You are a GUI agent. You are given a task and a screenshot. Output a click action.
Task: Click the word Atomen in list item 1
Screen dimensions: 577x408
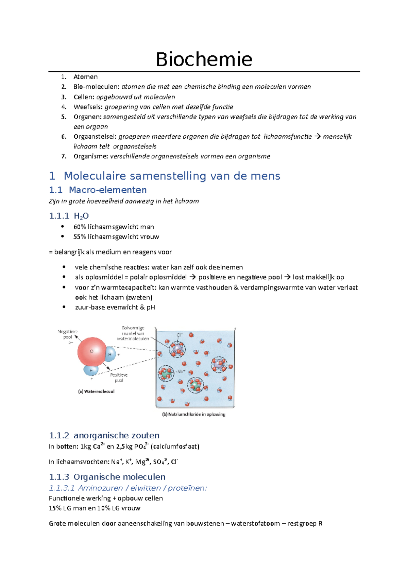(85, 77)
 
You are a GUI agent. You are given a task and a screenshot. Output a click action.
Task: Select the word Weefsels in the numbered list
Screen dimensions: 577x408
(88, 107)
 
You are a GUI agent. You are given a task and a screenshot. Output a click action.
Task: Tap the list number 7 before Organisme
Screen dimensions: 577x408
(64, 156)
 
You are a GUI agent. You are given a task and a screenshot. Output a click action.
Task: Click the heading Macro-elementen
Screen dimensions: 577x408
(107, 190)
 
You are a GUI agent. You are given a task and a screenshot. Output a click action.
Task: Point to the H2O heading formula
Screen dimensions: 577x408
(81, 216)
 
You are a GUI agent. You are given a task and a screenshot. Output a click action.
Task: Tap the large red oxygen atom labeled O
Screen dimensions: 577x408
(91, 351)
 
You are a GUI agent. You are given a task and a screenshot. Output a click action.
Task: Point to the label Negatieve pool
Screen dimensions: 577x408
(68, 334)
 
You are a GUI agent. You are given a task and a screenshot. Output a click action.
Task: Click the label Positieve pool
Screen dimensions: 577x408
(119, 378)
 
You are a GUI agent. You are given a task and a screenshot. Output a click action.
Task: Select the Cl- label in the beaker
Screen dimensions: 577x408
(179, 335)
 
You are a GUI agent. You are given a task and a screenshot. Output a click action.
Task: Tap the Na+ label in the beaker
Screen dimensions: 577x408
(181, 371)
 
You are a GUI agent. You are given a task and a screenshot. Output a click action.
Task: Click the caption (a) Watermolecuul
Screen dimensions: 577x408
(96, 391)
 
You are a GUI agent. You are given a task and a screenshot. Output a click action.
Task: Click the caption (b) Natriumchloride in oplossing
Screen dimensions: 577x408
(193, 414)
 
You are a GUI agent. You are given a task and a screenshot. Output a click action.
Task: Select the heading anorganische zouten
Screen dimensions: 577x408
(116, 435)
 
